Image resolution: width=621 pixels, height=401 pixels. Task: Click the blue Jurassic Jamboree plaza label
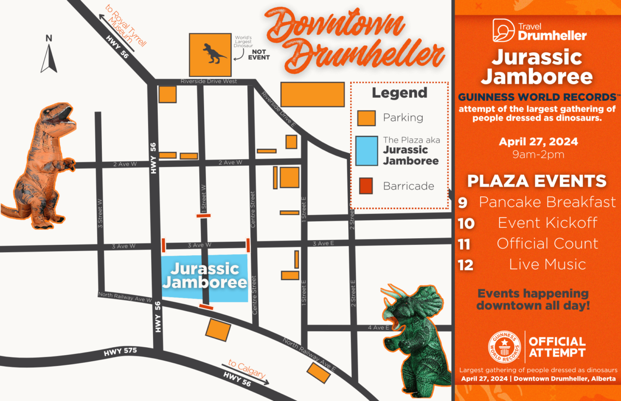click(204, 276)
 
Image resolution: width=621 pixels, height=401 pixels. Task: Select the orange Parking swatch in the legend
click(366, 118)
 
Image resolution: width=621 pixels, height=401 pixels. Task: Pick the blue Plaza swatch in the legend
click(366, 150)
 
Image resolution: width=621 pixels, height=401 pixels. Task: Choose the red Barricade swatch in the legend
click(366, 186)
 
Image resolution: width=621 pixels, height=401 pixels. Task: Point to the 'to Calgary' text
click(247, 368)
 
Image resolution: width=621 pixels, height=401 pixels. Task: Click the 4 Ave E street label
click(378, 328)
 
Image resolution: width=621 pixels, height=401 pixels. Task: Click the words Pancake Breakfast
click(547, 202)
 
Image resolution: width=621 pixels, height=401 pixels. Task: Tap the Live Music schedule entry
click(547, 265)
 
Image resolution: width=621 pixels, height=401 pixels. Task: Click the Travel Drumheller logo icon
click(502, 30)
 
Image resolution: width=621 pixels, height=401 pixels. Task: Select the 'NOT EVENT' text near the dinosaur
click(260, 54)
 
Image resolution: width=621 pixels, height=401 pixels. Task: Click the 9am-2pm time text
click(538, 154)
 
